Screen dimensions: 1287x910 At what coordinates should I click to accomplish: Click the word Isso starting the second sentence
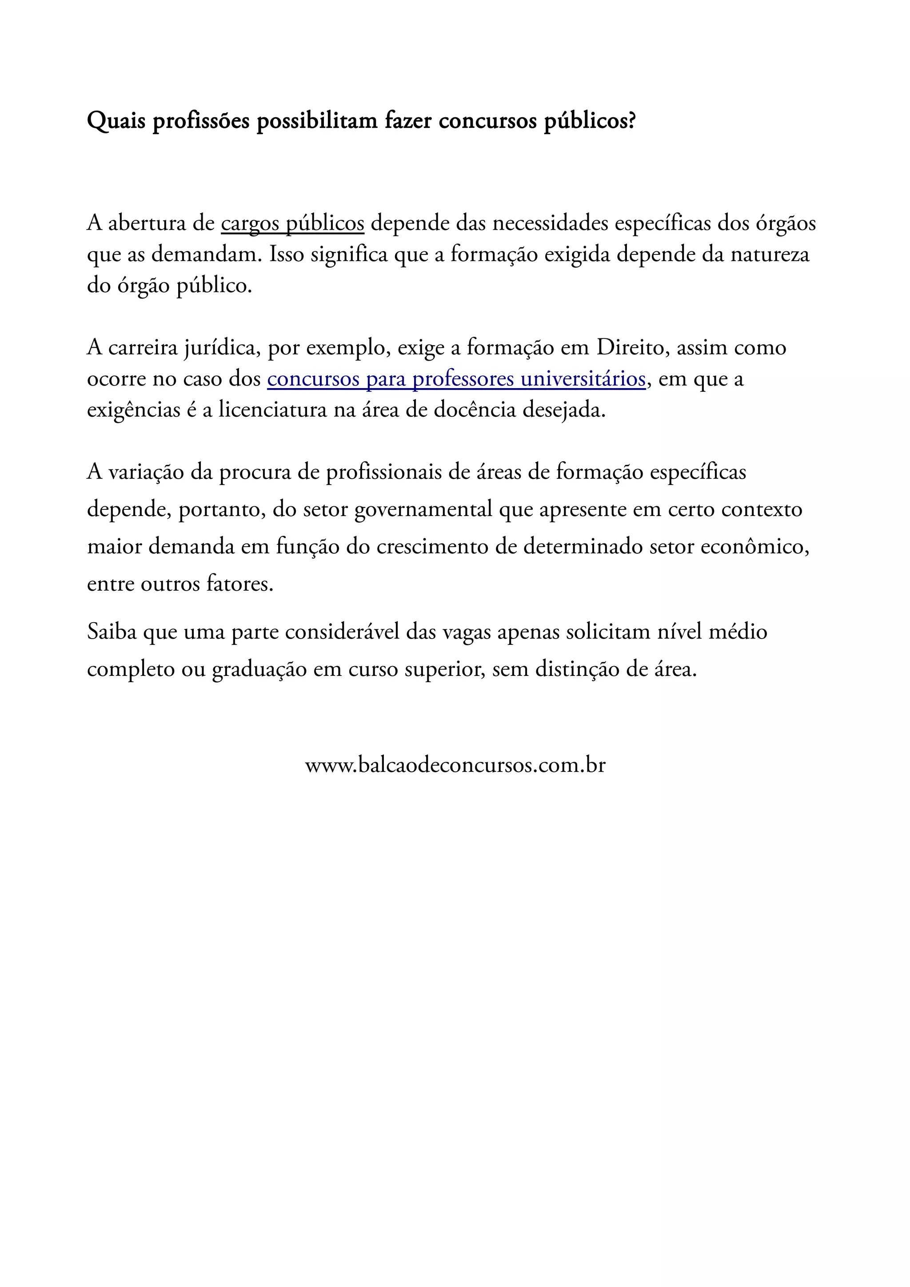click(287, 255)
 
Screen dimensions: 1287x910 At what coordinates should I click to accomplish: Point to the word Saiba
click(112, 632)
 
